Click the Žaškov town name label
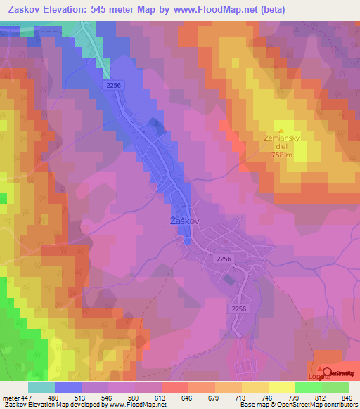pyautogui.click(x=186, y=220)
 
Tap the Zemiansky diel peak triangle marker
pyautogui.click(x=281, y=129)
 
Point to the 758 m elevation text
pyautogui.click(x=281, y=155)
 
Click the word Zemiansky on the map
pyautogui.click(x=281, y=138)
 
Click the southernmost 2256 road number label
pyautogui.click(x=239, y=309)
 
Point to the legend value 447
pyautogui.click(x=26, y=397)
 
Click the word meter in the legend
pyautogui.click(x=10, y=397)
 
